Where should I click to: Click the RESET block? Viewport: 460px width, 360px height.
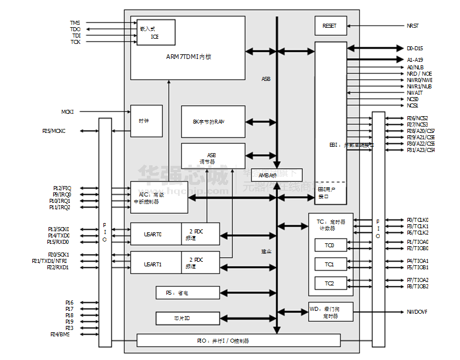tap(330, 26)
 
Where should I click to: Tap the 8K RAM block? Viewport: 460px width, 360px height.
tap(213, 122)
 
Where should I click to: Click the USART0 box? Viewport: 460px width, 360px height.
tap(155, 235)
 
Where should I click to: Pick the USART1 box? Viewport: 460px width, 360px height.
tap(155, 264)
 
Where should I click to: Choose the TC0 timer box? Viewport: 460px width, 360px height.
tap(329, 246)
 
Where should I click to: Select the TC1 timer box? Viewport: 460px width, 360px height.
tap(329, 264)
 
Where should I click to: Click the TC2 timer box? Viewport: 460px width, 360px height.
tap(329, 283)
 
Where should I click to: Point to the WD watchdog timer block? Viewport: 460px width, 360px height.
tap(330, 312)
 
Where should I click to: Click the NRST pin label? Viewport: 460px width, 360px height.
tap(413, 26)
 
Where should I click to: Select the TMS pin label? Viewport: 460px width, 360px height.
tap(75, 23)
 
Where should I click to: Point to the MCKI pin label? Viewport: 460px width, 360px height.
tap(68, 112)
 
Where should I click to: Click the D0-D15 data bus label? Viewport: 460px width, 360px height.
tap(415, 49)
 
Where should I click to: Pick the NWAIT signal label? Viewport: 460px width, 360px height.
tap(414, 92)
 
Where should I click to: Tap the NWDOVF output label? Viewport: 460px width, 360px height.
tap(416, 312)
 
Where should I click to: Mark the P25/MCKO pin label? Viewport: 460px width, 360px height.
tap(54, 131)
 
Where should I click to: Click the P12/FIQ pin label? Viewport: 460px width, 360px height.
tap(62, 188)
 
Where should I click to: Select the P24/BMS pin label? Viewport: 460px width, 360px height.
tap(60, 335)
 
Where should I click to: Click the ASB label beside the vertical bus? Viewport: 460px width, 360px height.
tap(266, 79)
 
